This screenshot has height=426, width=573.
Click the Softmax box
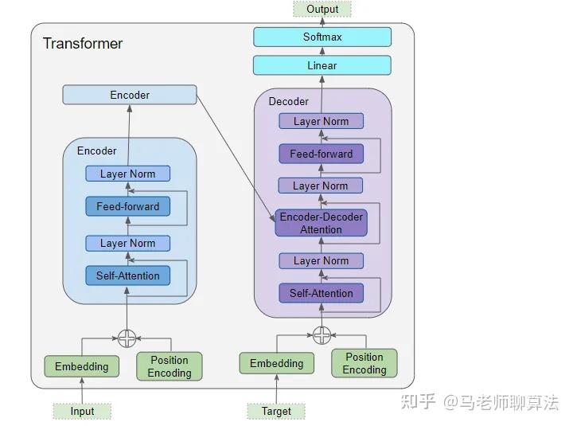click(322, 37)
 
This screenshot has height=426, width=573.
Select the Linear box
click(322, 65)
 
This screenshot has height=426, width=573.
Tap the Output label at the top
click(322, 10)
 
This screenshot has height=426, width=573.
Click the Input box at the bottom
click(82, 411)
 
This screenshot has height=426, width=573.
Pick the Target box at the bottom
click(276, 411)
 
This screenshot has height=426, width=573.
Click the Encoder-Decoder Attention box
click(322, 223)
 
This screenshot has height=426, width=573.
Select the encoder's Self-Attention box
click(128, 276)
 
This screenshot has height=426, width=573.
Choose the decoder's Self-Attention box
click(322, 293)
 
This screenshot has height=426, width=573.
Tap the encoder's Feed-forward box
click(128, 206)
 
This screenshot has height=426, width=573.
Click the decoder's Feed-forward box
click(322, 154)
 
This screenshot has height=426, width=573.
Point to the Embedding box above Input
click(81, 366)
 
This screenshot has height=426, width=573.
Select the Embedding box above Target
click(276, 363)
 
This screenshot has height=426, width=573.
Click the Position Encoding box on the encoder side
click(170, 366)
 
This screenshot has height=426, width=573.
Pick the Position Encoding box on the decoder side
click(364, 363)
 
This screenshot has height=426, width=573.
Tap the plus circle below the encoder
click(127, 338)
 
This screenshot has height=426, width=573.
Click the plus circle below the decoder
click(322, 334)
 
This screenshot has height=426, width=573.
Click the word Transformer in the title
click(83, 43)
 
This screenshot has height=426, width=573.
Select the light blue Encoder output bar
click(130, 95)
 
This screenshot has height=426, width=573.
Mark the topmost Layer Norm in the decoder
click(322, 121)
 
